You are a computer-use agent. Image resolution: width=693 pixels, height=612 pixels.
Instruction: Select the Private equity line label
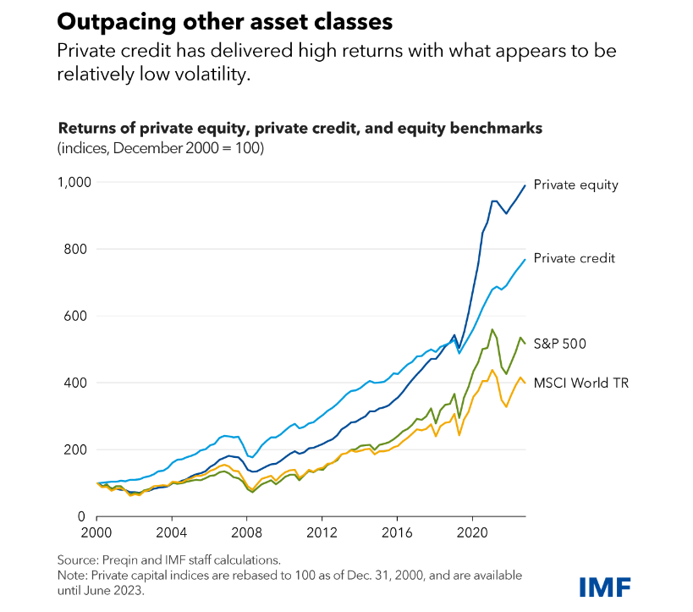tap(575, 185)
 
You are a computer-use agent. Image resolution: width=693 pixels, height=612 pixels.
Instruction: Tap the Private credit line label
tap(574, 258)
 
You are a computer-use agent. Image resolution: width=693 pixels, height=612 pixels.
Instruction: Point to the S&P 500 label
tap(560, 344)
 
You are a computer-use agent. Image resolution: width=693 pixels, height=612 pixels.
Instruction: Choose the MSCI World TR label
tap(580, 383)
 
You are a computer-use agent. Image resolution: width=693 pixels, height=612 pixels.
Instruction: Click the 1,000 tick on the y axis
tap(74, 182)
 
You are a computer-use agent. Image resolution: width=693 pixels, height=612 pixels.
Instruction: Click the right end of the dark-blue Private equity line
tap(525, 185)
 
